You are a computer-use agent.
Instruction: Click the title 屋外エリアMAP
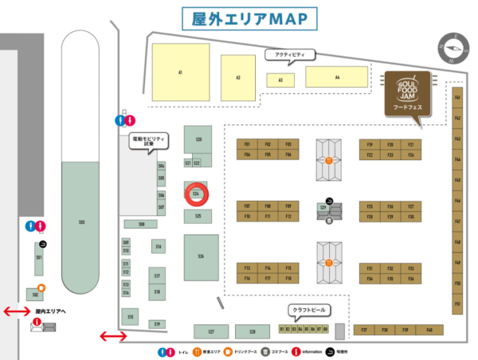pyautogui.click(x=239, y=18)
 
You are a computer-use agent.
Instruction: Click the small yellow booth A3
pyautogui.click(x=280, y=80)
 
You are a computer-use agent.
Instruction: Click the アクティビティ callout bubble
pyautogui.click(x=290, y=55)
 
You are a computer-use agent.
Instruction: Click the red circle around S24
pyautogui.click(x=196, y=193)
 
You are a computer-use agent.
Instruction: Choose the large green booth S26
pyautogui.click(x=201, y=256)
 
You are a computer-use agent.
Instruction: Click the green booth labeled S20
pyautogui.click(x=198, y=139)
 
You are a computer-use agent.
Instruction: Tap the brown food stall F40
pyautogui.click(x=429, y=329)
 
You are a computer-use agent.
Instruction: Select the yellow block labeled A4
pyautogui.click(x=337, y=77)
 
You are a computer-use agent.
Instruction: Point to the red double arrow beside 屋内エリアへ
pyautogui.click(x=17, y=311)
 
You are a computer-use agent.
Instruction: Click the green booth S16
pyautogui.click(x=159, y=247)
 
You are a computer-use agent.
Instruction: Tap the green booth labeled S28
pyautogui.click(x=252, y=331)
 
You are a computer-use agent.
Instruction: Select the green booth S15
pyautogui.click(x=130, y=317)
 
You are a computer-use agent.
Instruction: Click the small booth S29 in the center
pyautogui.click(x=323, y=207)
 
